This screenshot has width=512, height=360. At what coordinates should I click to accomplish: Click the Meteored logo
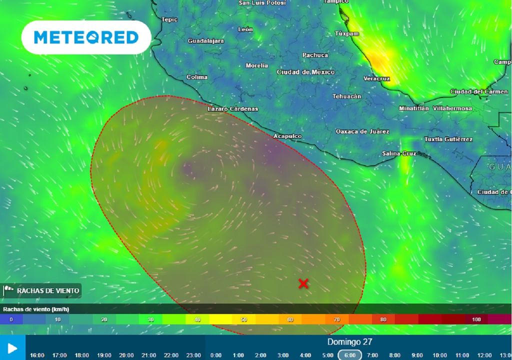point(86,37)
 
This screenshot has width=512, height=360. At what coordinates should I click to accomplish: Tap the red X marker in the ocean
point(303,283)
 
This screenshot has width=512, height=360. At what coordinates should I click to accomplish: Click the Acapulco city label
point(287,136)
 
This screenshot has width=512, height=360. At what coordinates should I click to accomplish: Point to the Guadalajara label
point(206,41)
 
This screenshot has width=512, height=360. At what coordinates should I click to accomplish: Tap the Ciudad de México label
point(306,72)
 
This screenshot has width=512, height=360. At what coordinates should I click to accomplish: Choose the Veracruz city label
point(376,79)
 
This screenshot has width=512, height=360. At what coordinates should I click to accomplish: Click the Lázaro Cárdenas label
point(233,108)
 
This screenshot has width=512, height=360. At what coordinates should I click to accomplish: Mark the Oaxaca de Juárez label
point(362,131)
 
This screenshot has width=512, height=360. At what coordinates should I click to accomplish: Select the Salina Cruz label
point(399,153)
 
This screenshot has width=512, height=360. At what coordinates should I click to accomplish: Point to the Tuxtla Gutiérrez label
point(448,139)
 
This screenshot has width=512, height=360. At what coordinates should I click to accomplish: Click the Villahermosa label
point(452,108)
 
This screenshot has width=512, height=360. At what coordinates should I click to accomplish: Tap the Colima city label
point(197,77)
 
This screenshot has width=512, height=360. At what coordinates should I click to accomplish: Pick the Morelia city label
point(257,65)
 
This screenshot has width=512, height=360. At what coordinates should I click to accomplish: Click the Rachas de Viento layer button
point(42,290)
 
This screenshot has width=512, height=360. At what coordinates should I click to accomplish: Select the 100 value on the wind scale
point(476,319)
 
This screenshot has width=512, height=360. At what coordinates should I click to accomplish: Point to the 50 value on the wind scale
point(243,319)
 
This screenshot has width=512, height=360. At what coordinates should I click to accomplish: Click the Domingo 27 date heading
point(349,342)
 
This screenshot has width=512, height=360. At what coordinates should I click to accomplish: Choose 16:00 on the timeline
point(37,355)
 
